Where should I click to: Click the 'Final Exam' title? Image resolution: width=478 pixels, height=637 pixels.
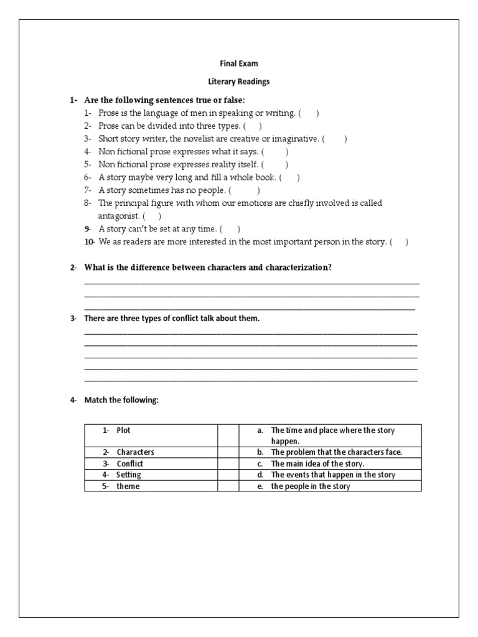(x=238, y=63)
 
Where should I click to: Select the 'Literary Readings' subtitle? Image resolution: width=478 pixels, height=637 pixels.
(x=238, y=81)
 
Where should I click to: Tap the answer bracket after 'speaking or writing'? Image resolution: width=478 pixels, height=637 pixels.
(x=309, y=113)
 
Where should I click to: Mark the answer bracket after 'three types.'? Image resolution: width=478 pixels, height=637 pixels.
(x=252, y=126)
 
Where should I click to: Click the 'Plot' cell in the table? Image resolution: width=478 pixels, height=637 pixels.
(x=123, y=430)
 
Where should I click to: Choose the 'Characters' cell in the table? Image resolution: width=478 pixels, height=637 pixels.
(x=135, y=452)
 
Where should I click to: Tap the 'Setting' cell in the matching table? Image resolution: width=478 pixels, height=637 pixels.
(x=129, y=475)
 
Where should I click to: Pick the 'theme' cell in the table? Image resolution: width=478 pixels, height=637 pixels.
(x=128, y=486)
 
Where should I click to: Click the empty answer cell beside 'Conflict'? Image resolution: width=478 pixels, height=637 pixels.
(x=228, y=463)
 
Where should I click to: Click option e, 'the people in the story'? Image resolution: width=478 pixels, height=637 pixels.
(x=310, y=486)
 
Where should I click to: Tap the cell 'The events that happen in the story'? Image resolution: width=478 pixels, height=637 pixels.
(x=333, y=475)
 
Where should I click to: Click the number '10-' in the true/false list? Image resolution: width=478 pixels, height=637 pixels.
(x=90, y=242)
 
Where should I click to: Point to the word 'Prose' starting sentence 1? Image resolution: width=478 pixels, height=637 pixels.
(x=108, y=113)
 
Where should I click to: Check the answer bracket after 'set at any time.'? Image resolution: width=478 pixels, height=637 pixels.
(x=230, y=229)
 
